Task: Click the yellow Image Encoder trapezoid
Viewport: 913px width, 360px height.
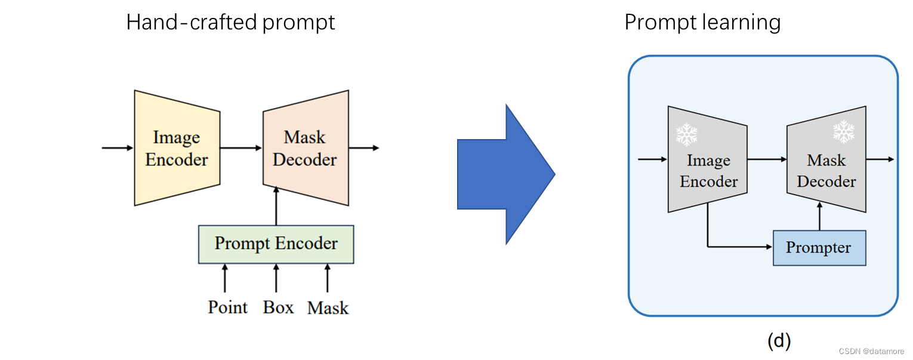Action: (x=177, y=148)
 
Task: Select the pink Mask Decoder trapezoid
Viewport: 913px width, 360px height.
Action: (x=305, y=148)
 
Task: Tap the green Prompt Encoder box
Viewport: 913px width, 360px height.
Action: (x=276, y=244)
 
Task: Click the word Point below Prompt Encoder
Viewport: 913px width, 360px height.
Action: (x=227, y=307)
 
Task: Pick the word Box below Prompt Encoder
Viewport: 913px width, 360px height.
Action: (x=279, y=307)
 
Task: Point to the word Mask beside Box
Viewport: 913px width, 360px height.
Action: (x=328, y=308)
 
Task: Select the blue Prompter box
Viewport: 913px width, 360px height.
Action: (x=819, y=248)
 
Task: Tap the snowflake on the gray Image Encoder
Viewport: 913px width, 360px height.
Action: (x=686, y=135)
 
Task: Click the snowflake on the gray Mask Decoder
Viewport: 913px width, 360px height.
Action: (x=843, y=132)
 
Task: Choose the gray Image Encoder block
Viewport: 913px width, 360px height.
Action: (x=708, y=170)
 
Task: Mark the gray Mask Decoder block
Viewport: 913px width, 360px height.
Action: (x=826, y=170)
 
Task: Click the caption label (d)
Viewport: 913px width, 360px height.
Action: (x=778, y=341)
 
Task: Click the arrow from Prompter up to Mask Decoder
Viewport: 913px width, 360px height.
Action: (x=819, y=216)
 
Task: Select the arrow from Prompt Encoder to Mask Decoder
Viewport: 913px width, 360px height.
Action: (x=276, y=206)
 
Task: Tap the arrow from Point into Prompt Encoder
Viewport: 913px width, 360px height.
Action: (x=225, y=278)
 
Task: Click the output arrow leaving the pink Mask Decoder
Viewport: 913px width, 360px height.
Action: (x=363, y=147)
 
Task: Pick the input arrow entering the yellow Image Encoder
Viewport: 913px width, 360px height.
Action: (x=118, y=147)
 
